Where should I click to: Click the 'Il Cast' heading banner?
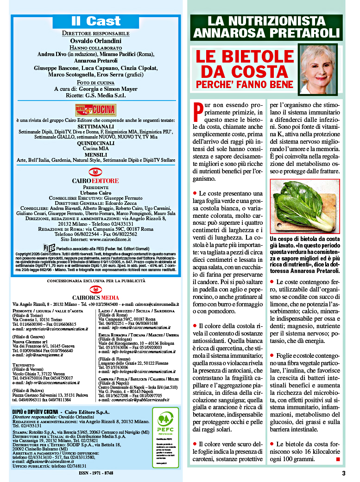(x=96, y=21)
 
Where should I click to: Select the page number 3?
(x=344, y=473)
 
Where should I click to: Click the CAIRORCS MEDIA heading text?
(x=96, y=297)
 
